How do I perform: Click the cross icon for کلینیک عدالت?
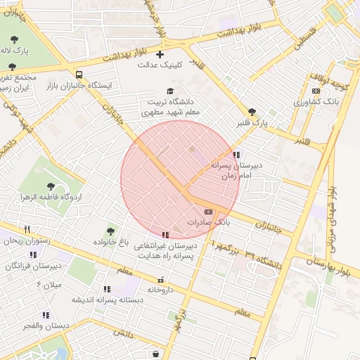coord(160,54)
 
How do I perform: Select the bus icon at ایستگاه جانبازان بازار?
coord(78,74)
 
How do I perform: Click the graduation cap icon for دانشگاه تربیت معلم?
coord(169,91)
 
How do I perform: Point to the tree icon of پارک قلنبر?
coord(252,112)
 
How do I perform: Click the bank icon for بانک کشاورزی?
coord(316,91)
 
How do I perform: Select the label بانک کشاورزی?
coord(317,102)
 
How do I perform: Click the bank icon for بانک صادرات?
coord(208,211)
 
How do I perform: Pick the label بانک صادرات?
coord(208,221)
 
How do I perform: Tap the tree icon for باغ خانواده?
coord(110,231)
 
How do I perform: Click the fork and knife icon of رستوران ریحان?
coord(27,229)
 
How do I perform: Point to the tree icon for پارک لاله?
coord(13,39)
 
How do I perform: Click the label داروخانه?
coord(160,289)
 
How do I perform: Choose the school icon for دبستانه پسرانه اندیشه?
coord(107,288)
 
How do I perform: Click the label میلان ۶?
coord(49,284)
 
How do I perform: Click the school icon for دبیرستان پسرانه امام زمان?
coord(237,155)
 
